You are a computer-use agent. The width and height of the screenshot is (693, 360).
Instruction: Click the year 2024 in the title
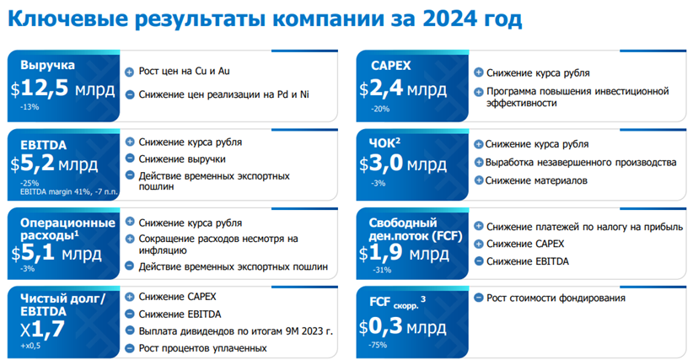[449, 19]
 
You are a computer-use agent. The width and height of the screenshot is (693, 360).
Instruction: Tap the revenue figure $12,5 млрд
[62, 89]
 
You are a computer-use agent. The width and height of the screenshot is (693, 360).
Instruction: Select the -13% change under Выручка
[30, 107]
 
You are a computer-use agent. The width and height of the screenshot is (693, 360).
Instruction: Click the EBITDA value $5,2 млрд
[54, 164]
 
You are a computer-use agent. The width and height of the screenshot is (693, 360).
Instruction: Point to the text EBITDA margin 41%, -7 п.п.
[68, 192]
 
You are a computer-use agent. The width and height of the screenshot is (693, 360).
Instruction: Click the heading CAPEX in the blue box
[390, 66]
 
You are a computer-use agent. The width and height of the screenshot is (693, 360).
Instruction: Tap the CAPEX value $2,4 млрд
[403, 89]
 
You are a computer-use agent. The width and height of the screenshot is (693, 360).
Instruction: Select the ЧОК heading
[384, 142]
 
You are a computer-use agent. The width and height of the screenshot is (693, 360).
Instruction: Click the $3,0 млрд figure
[403, 164]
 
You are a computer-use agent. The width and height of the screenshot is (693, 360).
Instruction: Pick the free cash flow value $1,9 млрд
[404, 254]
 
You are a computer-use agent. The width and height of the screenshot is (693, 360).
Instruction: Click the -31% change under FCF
[382, 270]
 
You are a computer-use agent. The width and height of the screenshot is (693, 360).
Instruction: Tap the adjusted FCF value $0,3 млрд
[402, 327]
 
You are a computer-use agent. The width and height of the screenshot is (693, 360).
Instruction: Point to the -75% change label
[378, 345]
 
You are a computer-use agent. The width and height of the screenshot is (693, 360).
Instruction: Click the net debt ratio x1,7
[42, 329]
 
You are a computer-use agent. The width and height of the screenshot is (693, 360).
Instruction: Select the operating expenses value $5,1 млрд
[56, 254]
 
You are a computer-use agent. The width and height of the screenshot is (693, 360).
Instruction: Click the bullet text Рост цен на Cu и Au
[184, 72]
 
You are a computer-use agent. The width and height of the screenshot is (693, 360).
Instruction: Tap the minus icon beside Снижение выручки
[130, 159]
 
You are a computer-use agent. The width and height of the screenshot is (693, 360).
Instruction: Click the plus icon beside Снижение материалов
[478, 180]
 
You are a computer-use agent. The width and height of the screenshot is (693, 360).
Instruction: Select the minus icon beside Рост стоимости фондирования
[478, 298]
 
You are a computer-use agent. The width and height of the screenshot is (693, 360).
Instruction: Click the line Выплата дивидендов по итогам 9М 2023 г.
[235, 331]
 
